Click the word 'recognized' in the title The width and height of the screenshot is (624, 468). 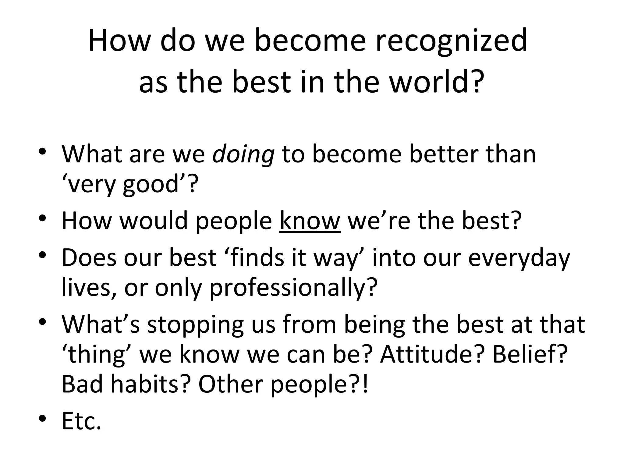pos(451,41)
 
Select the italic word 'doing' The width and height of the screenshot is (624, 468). pos(243,154)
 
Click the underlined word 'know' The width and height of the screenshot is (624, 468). pos(310,221)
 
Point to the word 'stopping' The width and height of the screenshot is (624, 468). pos(195,324)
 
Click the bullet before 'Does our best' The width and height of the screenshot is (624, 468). pos(43,254)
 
